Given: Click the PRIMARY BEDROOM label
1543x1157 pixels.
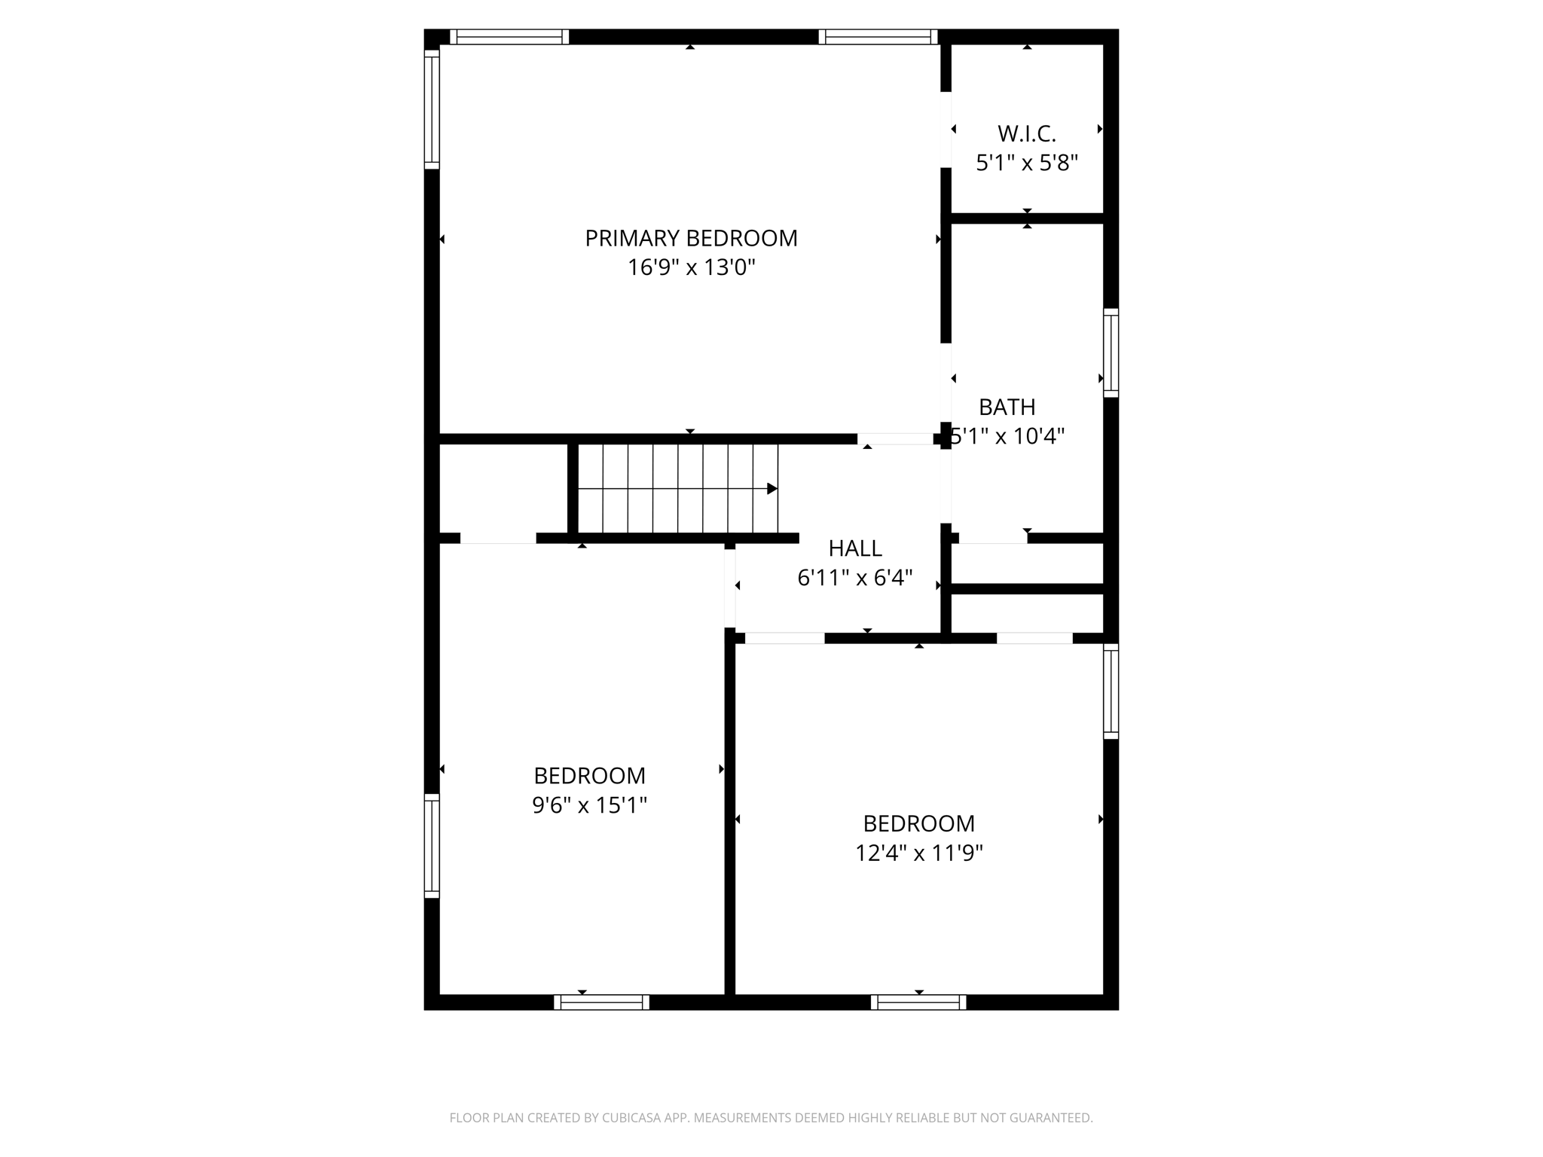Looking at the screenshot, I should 691,238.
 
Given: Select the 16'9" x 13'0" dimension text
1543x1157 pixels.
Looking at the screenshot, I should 691,267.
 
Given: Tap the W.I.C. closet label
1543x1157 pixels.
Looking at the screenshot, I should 1027,134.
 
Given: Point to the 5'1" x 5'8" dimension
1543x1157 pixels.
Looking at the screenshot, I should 1027,163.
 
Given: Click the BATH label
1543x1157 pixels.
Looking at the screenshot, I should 1007,407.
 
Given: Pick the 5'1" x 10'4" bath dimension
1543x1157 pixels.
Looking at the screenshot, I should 1007,436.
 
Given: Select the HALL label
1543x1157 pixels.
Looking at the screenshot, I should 855,548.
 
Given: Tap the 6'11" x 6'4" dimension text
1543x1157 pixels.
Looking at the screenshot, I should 855,578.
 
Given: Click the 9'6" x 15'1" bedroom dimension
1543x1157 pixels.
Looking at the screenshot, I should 589,805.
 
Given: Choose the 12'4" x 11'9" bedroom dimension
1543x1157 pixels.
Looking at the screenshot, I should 918,853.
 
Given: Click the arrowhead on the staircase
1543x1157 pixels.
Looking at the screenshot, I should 772,489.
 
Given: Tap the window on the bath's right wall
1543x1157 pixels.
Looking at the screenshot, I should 1111,353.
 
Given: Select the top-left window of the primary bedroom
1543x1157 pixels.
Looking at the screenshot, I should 509,37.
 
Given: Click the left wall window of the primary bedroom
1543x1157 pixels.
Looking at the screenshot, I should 432,109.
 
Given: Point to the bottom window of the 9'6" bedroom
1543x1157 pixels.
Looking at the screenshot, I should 601,1002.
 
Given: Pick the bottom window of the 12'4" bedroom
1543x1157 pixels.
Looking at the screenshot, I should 918,1002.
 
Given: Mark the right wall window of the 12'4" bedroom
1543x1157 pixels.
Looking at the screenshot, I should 1111,691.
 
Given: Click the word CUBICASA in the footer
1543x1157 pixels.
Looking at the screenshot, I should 632,1118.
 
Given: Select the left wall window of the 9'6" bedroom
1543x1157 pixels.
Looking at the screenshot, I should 432,845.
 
